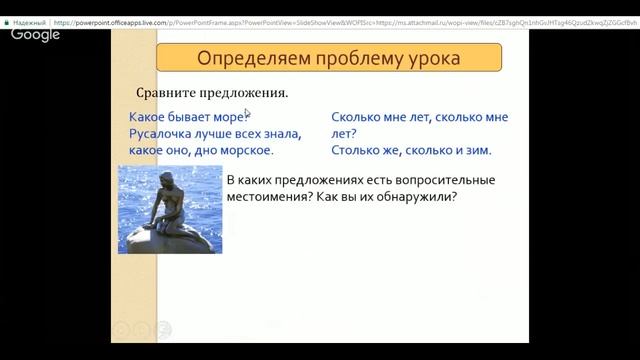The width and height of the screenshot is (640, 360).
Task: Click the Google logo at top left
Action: click(x=36, y=35)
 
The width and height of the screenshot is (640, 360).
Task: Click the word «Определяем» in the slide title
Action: click(x=241, y=58)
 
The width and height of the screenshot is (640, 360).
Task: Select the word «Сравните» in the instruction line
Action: click(x=168, y=94)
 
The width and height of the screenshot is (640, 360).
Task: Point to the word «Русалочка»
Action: click(x=166, y=134)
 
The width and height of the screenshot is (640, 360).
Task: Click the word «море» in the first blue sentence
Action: click(x=226, y=117)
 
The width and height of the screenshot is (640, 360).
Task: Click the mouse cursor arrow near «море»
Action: click(x=248, y=114)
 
